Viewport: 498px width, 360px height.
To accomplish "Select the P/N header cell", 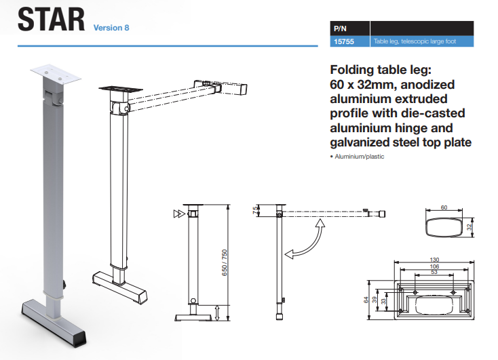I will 341,29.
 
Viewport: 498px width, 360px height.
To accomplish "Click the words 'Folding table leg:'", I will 381,70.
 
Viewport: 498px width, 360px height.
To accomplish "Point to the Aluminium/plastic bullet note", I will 356,157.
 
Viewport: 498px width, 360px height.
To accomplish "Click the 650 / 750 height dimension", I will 225,261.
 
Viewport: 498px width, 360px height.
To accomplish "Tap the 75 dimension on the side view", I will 256,209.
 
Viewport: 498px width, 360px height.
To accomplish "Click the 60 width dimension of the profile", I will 445,207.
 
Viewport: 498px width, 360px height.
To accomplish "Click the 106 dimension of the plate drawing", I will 434,266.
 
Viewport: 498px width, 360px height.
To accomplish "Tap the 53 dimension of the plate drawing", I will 434,273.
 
